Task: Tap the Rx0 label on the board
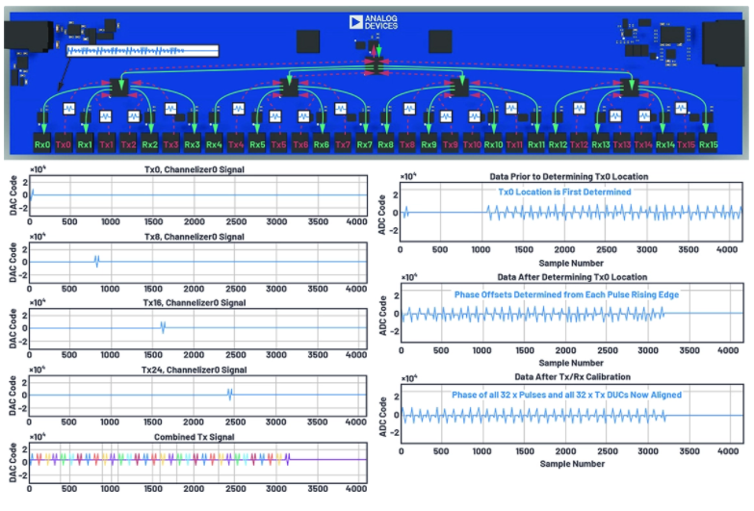pyautogui.click(x=41, y=144)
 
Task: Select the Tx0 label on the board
pyautogui.click(x=64, y=144)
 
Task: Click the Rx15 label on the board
pyautogui.click(x=708, y=144)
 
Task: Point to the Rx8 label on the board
pyautogui.click(x=385, y=144)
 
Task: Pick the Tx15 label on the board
pyautogui.click(x=687, y=144)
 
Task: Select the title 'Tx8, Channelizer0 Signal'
pyautogui.click(x=198, y=237)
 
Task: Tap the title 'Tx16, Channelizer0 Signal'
pyautogui.click(x=198, y=302)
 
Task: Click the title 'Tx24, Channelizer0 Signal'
pyautogui.click(x=198, y=370)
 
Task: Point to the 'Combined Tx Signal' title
pyautogui.click(x=198, y=436)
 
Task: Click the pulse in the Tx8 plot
pyautogui.click(x=96, y=261)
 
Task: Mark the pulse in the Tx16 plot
pyautogui.click(x=163, y=326)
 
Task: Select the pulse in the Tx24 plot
pyautogui.click(x=229, y=393)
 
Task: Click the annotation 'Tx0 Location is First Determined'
pyautogui.click(x=564, y=192)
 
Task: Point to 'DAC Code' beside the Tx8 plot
pyautogui.click(x=13, y=260)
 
